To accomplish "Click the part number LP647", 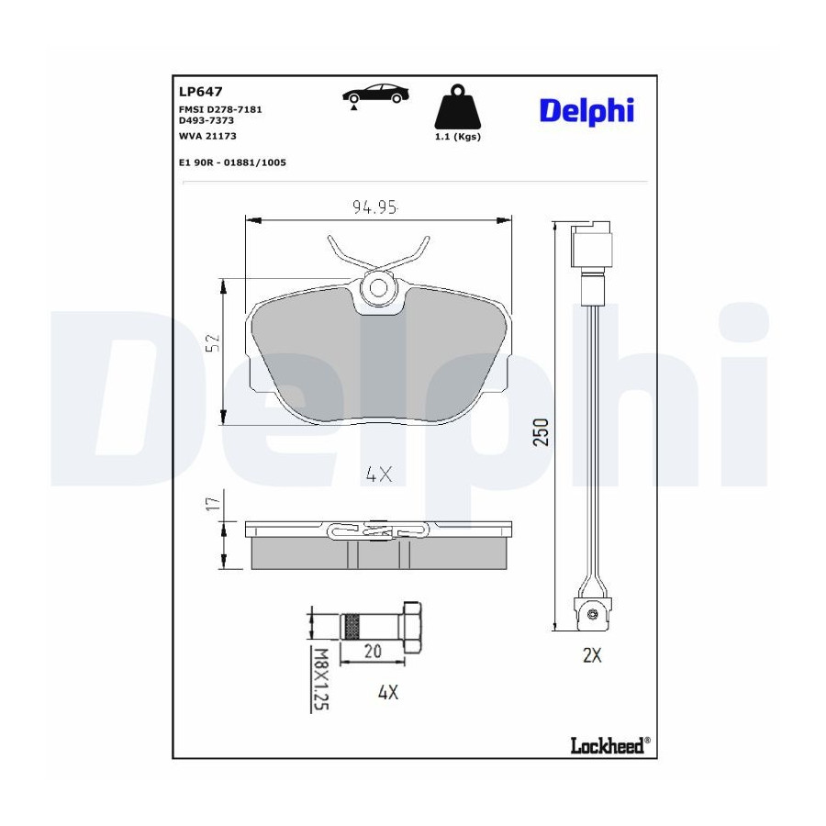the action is tap(201, 92).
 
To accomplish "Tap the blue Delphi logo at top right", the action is tap(586, 111).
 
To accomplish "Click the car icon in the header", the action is tap(375, 95).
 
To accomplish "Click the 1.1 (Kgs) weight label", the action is tap(457, 137).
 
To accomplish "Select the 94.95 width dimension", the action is tap(374, 207).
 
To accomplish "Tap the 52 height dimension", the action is tap(213, 342).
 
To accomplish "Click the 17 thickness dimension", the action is tap(213, 504).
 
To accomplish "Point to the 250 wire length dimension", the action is tap(541, 432).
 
